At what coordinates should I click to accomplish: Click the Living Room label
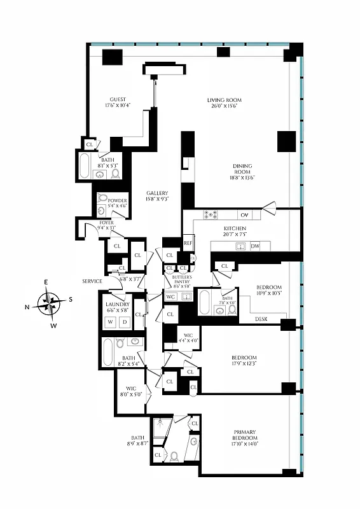coord(225,101)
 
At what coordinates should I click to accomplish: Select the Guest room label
coord(118,99)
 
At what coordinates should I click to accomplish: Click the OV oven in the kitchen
coord(246,214)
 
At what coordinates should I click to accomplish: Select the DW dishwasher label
coord(254,246)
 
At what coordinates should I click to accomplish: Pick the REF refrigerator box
coord(188,242)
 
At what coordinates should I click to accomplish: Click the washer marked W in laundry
coord(110,322)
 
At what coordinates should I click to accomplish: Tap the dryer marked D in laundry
coord(124,322)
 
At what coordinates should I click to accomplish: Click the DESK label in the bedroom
coord(261,319)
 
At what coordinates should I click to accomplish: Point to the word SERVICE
coord(92,281)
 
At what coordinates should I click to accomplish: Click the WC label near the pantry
coord(170,296)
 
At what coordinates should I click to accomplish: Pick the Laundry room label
coord(117,304)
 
